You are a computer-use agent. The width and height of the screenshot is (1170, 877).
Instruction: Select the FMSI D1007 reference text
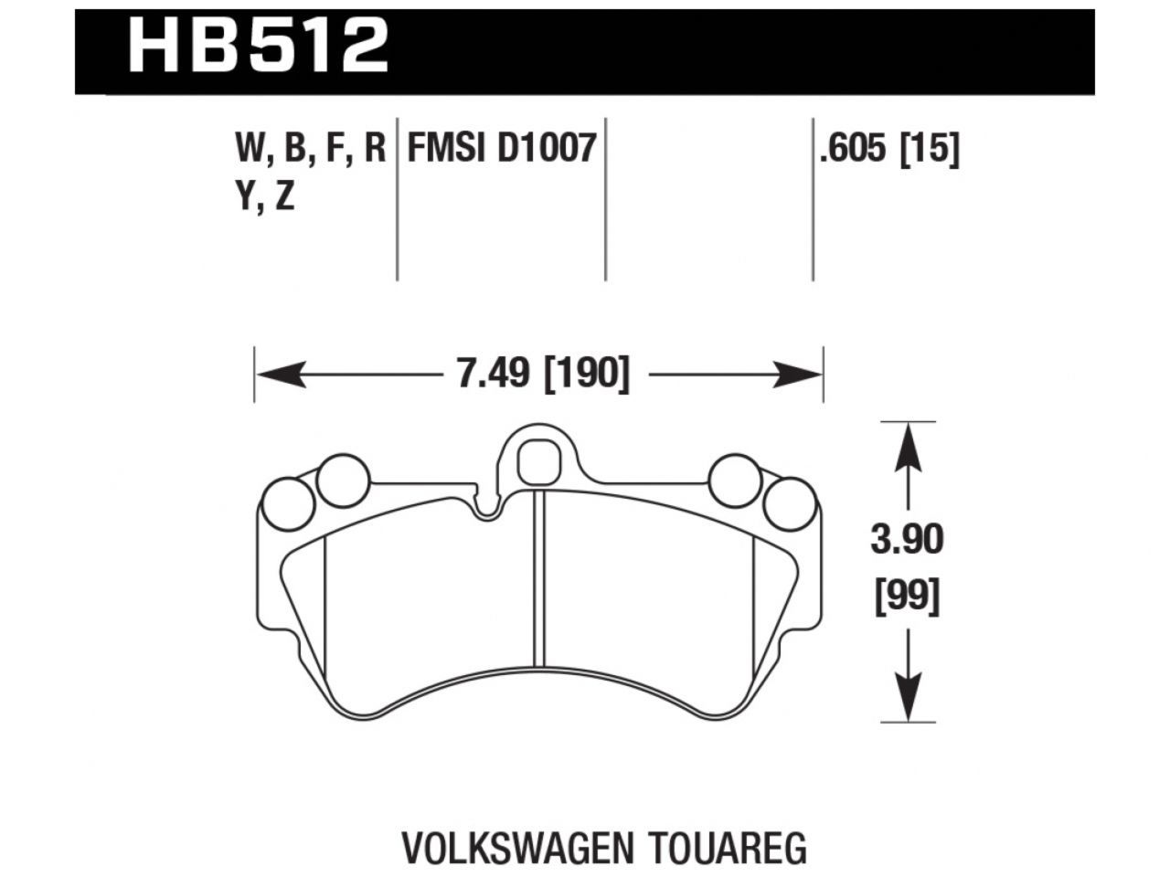click(x=502, y=149)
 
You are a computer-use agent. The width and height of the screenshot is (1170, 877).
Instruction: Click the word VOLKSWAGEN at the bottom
click(x=505, y=848)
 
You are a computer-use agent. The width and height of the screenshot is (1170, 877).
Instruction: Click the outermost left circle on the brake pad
click(x=288, y=503)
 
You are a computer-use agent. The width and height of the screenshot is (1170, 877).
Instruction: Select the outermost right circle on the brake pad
click(x=790, y=503)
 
